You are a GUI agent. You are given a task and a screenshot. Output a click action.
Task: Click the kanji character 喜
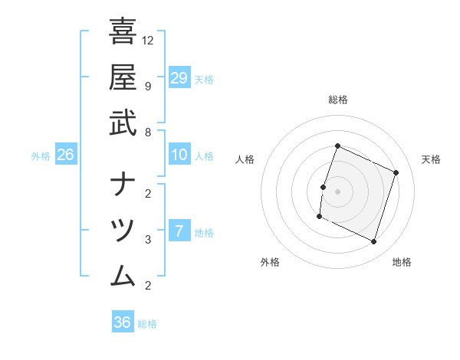click(123, 33)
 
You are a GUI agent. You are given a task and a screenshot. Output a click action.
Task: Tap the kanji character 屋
click(123, 77)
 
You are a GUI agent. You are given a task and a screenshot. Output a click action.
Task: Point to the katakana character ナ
click(123, 185)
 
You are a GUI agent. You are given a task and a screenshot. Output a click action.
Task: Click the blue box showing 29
click(179, 77)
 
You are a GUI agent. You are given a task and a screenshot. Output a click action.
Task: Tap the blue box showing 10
click(179, 155)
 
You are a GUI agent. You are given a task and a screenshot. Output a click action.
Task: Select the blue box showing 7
click(179, 231)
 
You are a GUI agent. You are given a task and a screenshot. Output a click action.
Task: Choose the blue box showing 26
click(65, 155)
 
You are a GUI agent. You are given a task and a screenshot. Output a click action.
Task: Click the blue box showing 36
click(123, 322)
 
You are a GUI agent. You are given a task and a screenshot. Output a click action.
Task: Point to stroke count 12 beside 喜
click(148, 40)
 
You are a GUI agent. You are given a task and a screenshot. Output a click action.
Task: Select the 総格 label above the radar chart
click(337, 100)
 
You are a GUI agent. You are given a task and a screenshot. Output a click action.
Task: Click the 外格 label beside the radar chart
click(270, 262)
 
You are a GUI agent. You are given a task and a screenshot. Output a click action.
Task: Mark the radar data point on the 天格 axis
click(396, 172)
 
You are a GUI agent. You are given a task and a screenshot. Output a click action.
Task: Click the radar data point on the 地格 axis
click(373, 242)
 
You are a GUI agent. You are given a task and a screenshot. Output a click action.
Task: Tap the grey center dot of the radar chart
click(337, 191)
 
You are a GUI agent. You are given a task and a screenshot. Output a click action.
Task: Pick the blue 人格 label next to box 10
click(204, 155)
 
